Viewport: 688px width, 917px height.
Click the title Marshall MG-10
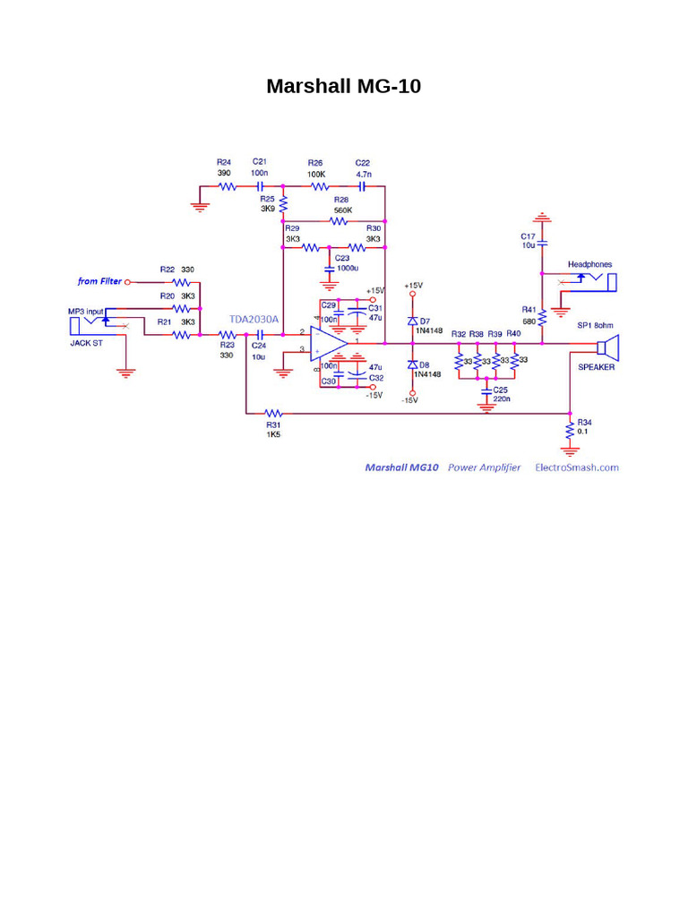(x=343, y=87)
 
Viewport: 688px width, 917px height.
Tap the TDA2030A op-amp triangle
(x=328, y=341)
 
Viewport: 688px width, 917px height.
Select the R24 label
(x=224, y=162)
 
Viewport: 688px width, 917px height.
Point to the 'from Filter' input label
(x=99, y=281)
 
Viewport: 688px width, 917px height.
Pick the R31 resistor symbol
(x=273, y=414)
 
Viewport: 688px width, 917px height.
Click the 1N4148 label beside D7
(x=428, y=330)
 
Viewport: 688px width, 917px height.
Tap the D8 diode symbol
(x=413, y=364)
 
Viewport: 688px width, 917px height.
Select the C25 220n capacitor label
(x=501, y=394)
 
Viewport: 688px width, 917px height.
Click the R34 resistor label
(x=584, y=421)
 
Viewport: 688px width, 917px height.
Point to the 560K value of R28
(x=342, y=210)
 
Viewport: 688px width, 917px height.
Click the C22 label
(x=363, y=162)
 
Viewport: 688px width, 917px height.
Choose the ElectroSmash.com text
(x=576, y=467)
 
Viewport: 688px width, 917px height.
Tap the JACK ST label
(x=87, y=342)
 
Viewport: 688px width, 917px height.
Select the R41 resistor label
(x=529, y=309)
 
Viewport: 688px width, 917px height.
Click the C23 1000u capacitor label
(x=347, y=262)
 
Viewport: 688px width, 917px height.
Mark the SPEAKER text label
(x=596, y=368)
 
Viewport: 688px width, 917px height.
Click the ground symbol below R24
(x=200, y=207)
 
